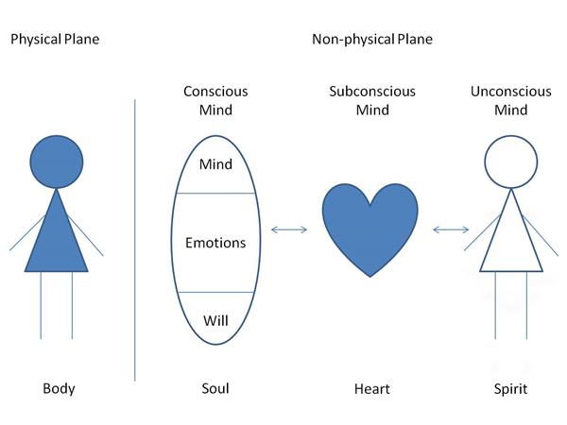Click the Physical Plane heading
point(54,40)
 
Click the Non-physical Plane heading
point(372,40)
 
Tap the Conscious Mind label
point(215,100)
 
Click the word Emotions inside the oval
point(215,243)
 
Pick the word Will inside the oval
point(215,320)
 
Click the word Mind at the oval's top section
point(215,164)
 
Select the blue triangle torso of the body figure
point(57,241)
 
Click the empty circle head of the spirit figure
point(510,160)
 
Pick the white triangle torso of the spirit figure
point(510,241)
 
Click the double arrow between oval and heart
point(289,229)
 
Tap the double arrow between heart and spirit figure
point(452,229)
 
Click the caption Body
point(59,388)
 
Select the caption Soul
point(215,388)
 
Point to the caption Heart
point(371,388)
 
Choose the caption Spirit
point(511,388)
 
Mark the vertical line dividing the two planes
point(135,236)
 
